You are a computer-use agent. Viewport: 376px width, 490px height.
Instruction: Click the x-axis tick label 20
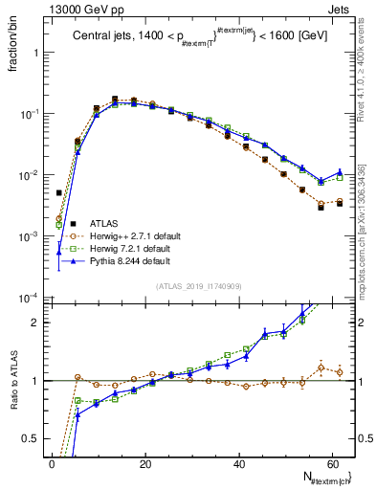coord(144,464)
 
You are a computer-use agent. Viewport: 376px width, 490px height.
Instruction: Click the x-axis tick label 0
coord(52,464)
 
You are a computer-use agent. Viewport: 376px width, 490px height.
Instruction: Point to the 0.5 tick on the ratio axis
coord(33,438)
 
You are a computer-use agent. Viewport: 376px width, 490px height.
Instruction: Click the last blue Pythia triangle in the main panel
coord(340,172)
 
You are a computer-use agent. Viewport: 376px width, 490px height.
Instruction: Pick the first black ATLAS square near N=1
coord(59,192)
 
